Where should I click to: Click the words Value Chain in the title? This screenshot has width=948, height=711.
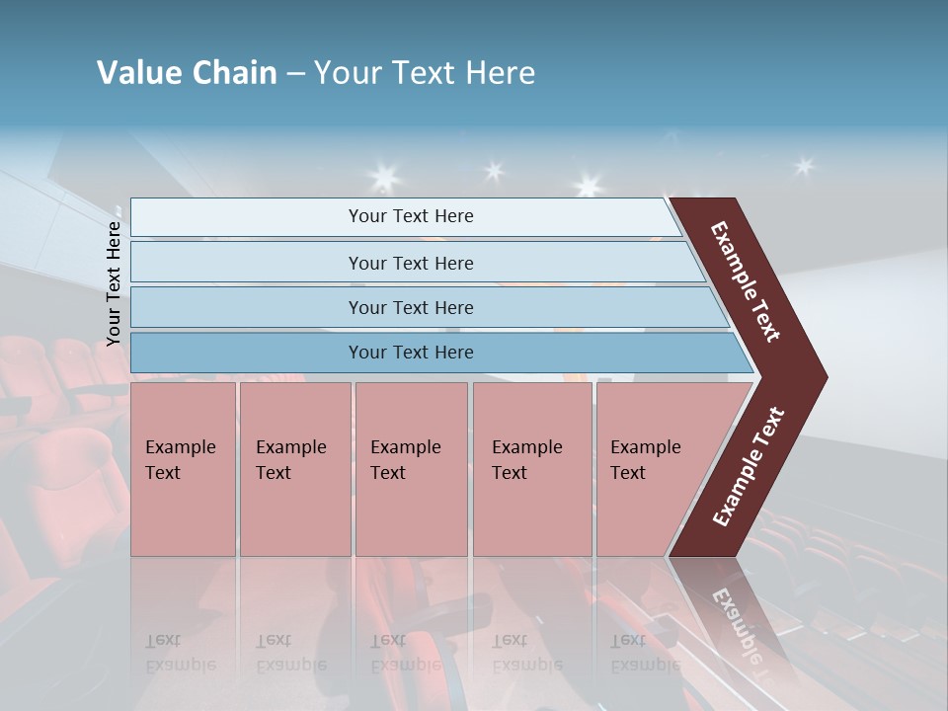coord(187,73)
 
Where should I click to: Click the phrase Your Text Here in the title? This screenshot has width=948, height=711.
coord(425,73)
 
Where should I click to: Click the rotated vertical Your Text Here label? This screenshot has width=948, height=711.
coord(114,283)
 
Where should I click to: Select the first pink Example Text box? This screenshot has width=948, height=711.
coord(183,469)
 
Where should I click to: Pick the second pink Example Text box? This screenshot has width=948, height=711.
coord(294,469)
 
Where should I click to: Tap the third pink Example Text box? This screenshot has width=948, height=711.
coord(411,469)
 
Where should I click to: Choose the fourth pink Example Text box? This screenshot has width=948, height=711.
coord(532,469)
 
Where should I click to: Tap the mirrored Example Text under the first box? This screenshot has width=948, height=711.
coord(181,652)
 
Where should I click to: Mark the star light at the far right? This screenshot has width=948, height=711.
coord(804,166)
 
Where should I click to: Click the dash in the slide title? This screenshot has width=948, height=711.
coord(295,74)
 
